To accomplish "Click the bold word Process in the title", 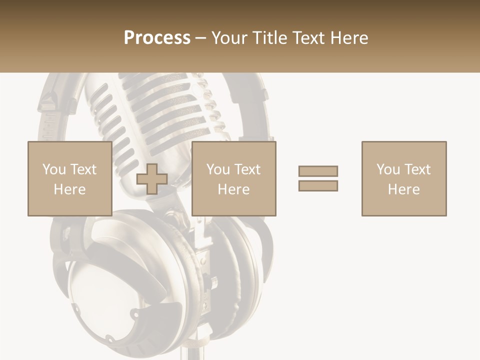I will pyautogui.click(x=157, y=38).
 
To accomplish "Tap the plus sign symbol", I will pyautogui.click(x=152, y=178).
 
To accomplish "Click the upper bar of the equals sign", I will pyautogui.click(x=318, y=171).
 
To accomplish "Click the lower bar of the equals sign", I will pyautogui.click(x=318, y=185).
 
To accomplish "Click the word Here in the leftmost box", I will pyautogui.click(x=69, y=189).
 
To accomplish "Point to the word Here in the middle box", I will pyautogui.click(x=233, y=189).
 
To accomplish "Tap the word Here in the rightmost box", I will pyautogui.click(x=403, y=189).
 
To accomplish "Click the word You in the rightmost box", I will pyautogui.click(x=388, y=169).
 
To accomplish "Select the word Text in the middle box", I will pyautogui.click(x=247, y=169).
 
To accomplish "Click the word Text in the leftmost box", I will pyautogui.click(x=83, y=169).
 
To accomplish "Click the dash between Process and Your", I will pyautogui.click(x=200, y=38).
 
